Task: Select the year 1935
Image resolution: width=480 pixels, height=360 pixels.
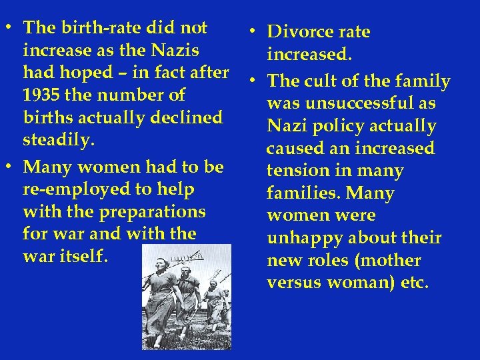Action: [42, 95]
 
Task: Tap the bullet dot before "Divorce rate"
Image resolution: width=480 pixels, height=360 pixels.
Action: [247, 31]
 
